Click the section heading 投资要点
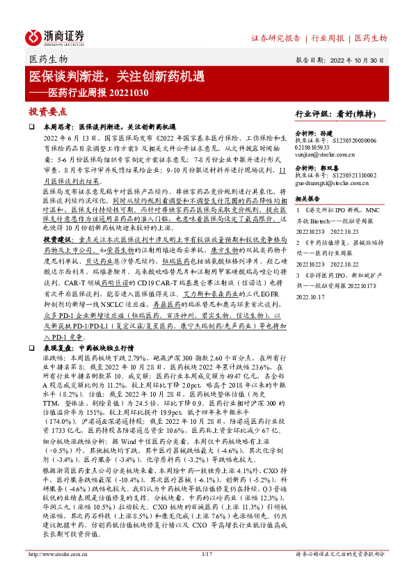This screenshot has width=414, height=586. click(x=47, y=111)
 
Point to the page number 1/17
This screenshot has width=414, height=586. click(x=206, y=573)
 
